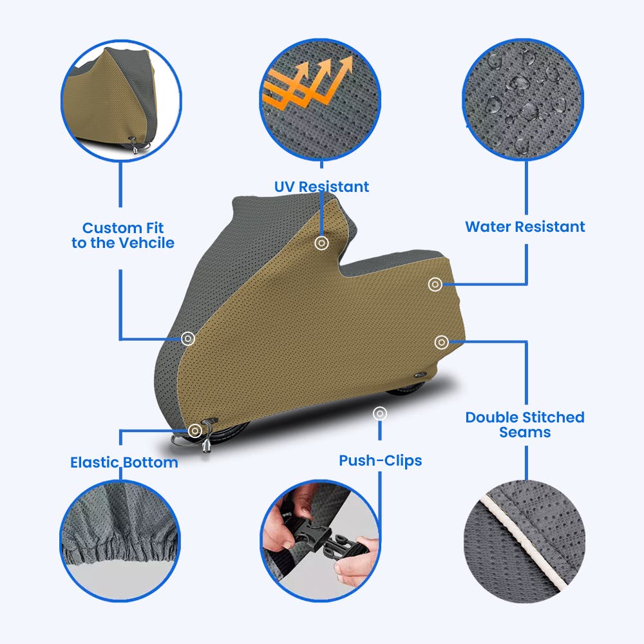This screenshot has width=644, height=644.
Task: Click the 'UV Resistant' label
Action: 321,187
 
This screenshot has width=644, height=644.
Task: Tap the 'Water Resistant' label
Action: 525,227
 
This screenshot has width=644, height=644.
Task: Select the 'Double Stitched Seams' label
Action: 525,424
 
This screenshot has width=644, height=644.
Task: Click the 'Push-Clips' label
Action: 381,460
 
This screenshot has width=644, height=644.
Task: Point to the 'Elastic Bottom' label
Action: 124,462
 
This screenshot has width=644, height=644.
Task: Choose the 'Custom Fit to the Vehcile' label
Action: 123,235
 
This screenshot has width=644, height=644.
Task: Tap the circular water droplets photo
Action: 523,99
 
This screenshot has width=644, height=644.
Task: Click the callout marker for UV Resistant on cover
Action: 321,243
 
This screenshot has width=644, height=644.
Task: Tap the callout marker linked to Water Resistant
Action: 435,284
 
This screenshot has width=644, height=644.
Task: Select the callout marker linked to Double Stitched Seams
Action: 442,342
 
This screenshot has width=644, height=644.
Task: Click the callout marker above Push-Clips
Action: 380,413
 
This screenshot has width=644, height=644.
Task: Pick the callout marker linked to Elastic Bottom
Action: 195,430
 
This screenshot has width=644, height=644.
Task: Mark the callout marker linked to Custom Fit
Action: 188,339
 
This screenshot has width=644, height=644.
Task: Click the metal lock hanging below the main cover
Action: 206,444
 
